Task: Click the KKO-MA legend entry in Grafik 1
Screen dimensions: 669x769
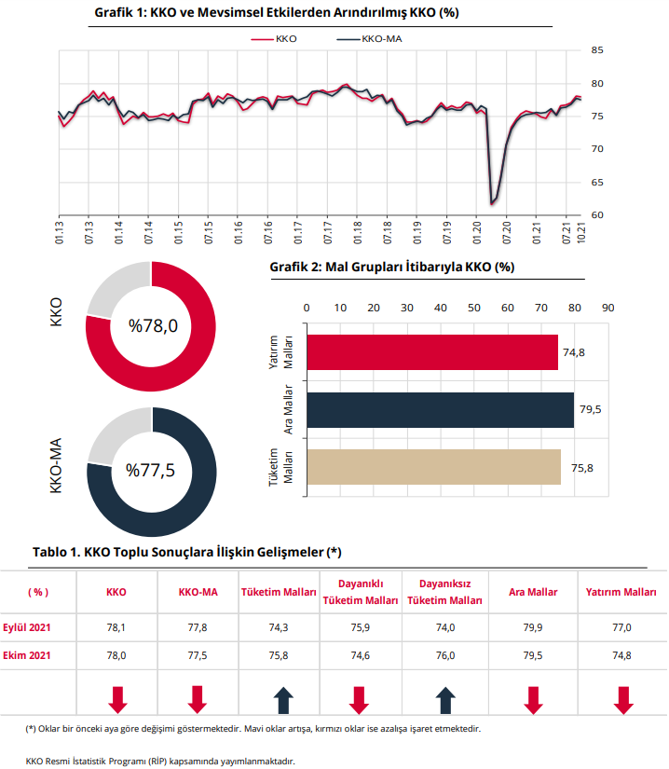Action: pyautogui.click(x=369, y=39)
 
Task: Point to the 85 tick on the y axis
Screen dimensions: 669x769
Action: pyautogui.click(x=597, y=50)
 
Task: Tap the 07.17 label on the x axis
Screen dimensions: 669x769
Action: pyautogui.click(x=328, y=232)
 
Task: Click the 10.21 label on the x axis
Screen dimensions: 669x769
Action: pyautogui.click(x=581, y=232)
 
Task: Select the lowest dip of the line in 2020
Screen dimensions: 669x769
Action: pyautogui.click(x=491, y=203)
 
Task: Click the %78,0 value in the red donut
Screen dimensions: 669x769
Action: pyautogui.click(x=154, y=325)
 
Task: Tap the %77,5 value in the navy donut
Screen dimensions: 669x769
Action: pyautogui.click(x=150, y=471)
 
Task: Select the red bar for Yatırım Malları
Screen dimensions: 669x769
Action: pyautogui.click(x=432, y=352)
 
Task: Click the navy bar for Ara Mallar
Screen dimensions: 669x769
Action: pyautogui.click(x=440, y=410)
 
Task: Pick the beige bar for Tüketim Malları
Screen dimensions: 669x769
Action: pyautogui.click(x=434, y=467)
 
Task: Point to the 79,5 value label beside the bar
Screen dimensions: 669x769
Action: pyautogui.click(x=590, y=409)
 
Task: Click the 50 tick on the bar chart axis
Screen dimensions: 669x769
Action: pyautogui.click(x=474, y=308)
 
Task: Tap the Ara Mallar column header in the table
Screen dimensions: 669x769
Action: pyautogui.click(x=533, y=592)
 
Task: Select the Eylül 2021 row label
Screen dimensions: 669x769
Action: pyautogui.click(x=26, y=627)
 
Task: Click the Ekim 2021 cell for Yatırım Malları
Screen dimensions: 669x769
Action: pyautogui.click(x=621, y=655)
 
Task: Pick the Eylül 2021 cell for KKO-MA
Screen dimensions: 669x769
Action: pyautogui.click(x=198, y=627)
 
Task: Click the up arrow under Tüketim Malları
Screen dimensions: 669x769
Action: pyautogui.click(x=283, y=700)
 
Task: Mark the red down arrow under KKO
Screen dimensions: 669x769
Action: pyautogui.click(x=117, y=700)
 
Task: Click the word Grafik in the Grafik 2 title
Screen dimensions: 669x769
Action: pyautogui.click(x=289, y=268)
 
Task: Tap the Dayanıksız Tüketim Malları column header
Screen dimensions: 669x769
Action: pyautogui.click(x=444, y=592)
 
